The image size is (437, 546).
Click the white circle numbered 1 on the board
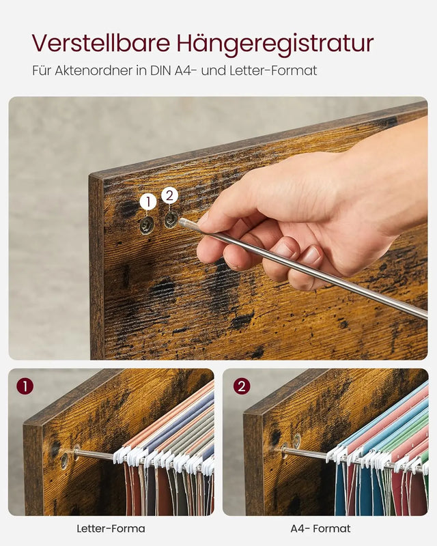click(148, 202)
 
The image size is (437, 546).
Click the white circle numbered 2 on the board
click(170, 196)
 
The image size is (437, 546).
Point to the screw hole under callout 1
click(147, 225)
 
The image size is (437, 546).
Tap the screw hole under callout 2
click(171, 219)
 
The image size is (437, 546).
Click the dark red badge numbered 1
click(25, 386)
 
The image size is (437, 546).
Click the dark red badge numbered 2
click(241, 386)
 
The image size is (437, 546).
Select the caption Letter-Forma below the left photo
click(111, 528)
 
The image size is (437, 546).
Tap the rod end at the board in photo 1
click(76, 452)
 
